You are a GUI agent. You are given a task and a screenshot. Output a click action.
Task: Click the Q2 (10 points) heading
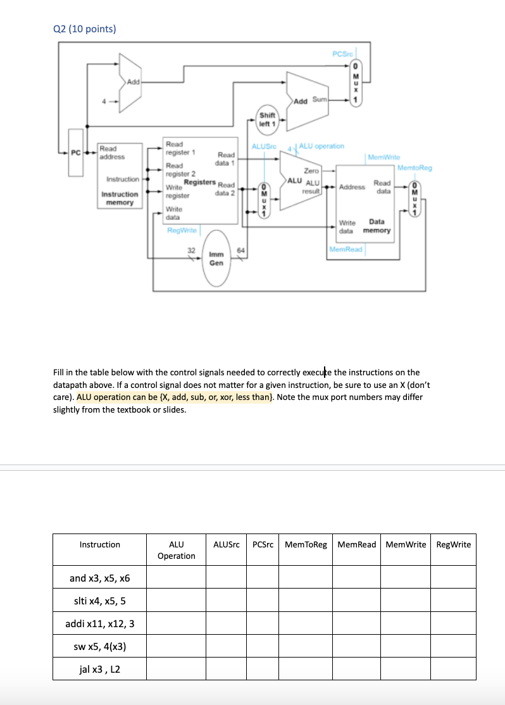84,28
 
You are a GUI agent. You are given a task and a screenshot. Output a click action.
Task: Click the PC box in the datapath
75,152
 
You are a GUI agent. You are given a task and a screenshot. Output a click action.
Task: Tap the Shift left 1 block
268,119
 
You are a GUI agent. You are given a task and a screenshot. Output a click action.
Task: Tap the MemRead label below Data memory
346,249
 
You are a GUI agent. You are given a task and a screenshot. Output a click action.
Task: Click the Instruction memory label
120,198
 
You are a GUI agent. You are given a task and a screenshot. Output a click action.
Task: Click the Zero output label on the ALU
311,171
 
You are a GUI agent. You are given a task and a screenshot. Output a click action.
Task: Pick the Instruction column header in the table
99,544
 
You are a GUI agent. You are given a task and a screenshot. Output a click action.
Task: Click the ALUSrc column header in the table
226,544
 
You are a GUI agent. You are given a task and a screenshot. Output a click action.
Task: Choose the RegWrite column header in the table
454,544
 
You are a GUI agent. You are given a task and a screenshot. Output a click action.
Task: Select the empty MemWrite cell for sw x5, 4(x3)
406,646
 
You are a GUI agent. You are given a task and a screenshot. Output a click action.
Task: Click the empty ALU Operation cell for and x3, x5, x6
176,577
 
